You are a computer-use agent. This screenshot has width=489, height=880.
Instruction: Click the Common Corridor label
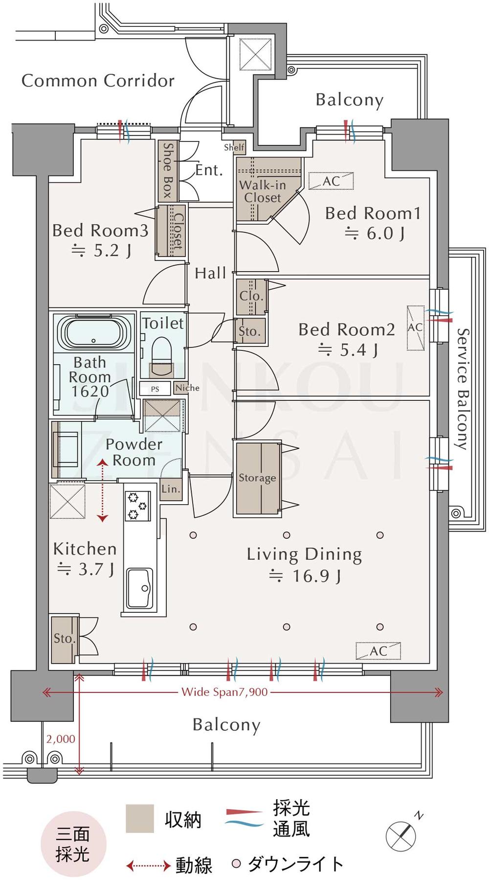98,81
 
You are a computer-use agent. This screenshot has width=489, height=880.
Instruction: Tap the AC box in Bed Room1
331,181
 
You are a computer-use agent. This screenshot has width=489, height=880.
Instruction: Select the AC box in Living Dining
378,651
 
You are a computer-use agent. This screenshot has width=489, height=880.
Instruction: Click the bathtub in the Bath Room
93,332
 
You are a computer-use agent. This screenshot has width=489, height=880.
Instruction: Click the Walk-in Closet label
263,191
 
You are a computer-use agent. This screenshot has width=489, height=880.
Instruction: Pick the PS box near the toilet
155,389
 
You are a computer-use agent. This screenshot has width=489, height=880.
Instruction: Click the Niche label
187,388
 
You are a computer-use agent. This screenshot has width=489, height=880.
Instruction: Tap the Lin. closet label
171,488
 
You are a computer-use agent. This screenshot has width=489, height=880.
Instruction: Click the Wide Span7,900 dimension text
224,692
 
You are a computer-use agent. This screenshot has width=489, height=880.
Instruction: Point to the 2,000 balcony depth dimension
61,739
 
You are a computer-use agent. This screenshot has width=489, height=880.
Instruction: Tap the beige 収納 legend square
140,818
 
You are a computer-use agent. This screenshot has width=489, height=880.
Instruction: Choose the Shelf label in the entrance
234,147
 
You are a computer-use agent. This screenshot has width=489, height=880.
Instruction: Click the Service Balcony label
463,389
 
